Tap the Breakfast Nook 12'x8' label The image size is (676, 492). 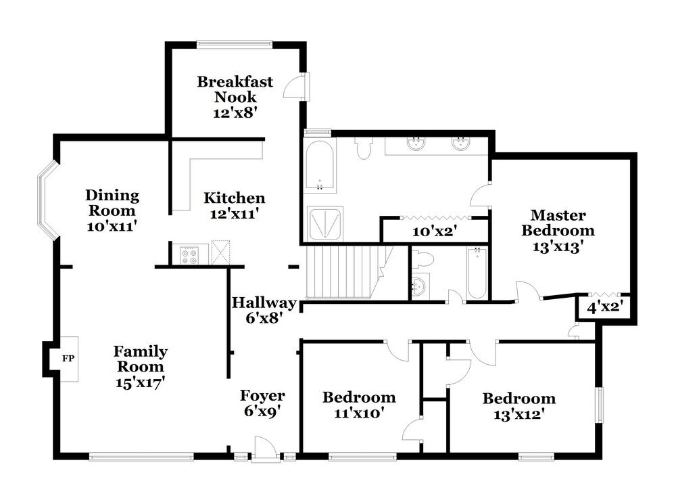[235, 97]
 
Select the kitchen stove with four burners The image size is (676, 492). [189, 254]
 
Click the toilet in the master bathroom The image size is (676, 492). [364, 148]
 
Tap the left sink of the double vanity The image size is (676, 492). [414, 143]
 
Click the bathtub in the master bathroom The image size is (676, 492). [318, 165]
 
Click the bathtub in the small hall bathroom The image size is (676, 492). [477, 273]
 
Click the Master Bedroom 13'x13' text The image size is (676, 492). [558, 231]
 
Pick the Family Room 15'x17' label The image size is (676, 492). [140, 366]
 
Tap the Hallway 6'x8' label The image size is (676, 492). [264, 309]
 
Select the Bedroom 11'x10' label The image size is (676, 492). [359, 404]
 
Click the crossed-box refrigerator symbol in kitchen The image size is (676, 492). [220, 252]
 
